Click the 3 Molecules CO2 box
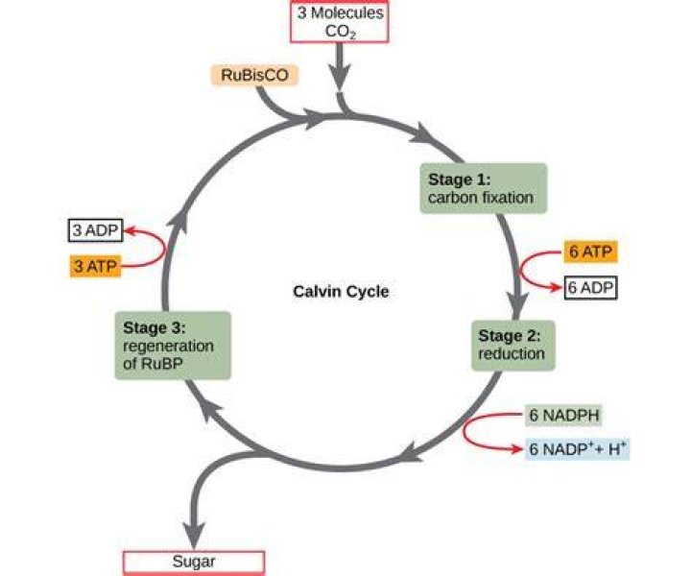340,22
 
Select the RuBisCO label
254,75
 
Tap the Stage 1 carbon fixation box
484,188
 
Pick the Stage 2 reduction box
512,345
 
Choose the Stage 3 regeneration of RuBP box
173,346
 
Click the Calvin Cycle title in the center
341,291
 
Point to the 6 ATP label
590,252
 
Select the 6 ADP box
590,288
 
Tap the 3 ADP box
95,230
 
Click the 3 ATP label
95,266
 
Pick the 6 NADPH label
563,415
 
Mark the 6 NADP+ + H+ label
578,449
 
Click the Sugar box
194,563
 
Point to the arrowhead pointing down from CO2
340,75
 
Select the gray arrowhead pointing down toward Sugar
194,535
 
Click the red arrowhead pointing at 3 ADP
130,230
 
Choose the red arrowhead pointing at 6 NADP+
515,449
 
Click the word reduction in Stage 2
512,353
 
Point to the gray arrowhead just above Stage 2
517,305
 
